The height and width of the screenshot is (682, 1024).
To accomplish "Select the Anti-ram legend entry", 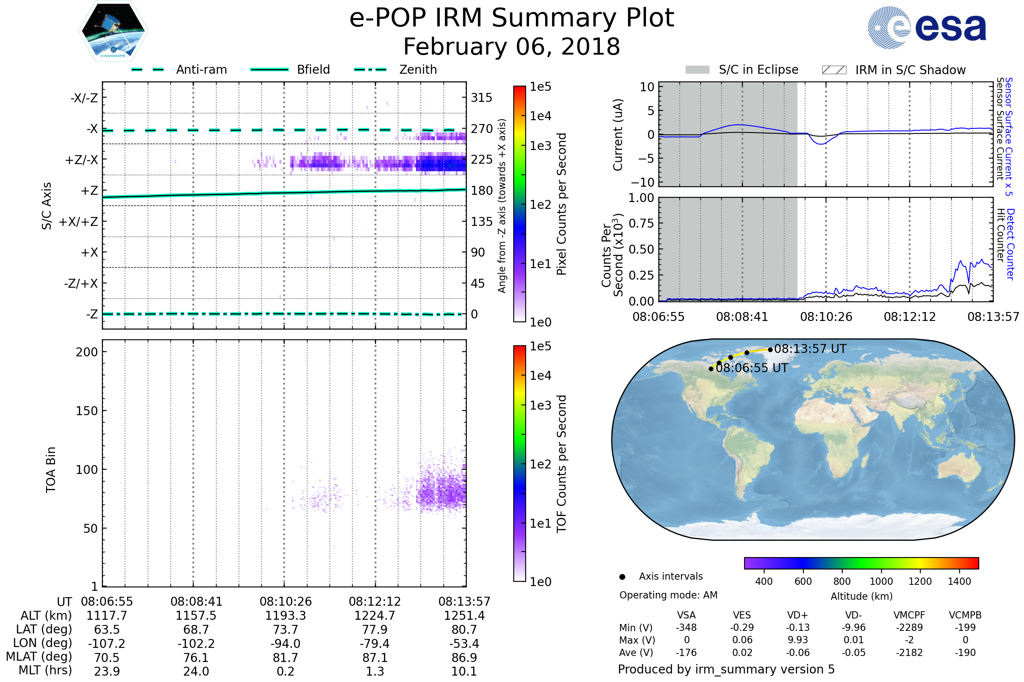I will coord(201,69).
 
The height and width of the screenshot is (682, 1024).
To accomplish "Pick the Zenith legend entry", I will coord(418,69).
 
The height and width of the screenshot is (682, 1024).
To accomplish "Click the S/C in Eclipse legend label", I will coord(758,69).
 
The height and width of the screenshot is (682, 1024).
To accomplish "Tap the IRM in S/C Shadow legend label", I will coord(910,70).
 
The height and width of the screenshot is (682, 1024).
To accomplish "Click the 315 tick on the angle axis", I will coord(482,98).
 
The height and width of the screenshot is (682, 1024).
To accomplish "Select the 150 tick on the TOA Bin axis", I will coord(87,411).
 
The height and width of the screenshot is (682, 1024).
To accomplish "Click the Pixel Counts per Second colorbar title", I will coord(561,204).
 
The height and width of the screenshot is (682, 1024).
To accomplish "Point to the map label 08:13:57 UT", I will coord(810,349).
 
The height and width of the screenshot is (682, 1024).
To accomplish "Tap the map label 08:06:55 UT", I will coord(752,368).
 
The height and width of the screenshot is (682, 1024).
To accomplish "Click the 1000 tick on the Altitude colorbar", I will coord(881,581).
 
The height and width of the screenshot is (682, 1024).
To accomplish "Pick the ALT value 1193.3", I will coord(285,616).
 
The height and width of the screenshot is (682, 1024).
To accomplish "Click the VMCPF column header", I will coord(909,616).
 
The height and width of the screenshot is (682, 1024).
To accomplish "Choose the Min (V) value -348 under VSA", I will coord(686,627).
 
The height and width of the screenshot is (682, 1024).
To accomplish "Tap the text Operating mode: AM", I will coord(668,595).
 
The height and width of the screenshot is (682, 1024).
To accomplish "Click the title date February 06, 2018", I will coord(512,46).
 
